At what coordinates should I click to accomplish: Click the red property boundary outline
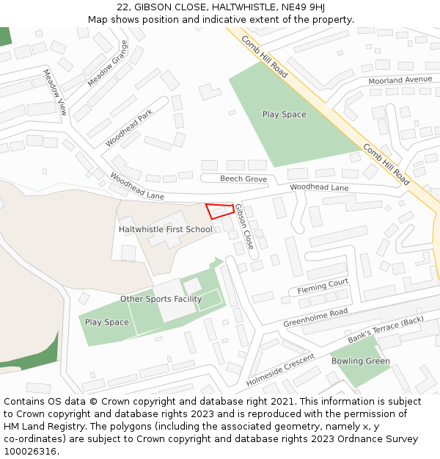(219, 211)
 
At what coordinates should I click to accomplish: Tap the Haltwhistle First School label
(166, 230)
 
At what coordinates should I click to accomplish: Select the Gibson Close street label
(243, 226)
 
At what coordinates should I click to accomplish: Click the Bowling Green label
(360, 361)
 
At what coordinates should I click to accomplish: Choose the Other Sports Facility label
(161, 299)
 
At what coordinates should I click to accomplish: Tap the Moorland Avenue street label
(400, 80)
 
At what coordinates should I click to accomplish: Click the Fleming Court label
(323, 286)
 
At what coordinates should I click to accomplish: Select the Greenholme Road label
(315, 317)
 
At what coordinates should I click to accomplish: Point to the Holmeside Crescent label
(280, 371)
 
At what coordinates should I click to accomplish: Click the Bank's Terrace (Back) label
(386, 330)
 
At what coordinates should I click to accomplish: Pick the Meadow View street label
(54, 93)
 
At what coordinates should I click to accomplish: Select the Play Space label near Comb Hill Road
(285, 115)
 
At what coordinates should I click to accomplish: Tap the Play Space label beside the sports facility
(106, 322)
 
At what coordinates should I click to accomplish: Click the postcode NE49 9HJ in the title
(302, 7)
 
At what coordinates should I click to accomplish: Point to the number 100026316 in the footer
(30, 452)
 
